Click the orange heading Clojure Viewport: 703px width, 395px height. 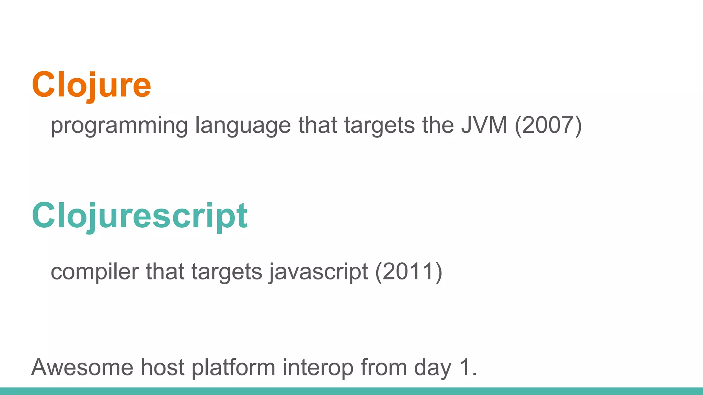(x=91, y=85)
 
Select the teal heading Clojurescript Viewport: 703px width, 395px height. (x=139, y=216)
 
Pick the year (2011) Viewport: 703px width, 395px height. (x=408, y=272)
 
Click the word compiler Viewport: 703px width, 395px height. (x=95, y=272)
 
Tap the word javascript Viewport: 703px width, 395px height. (x=318, y=272)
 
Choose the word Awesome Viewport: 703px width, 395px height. (x=82, y=367)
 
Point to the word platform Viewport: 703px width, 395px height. (x=233, y=367)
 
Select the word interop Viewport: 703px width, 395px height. (x=318, y=367)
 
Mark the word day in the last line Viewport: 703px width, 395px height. (x=433, y=367)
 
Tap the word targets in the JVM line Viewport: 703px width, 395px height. (x=380, y=125)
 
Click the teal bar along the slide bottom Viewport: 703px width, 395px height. (x=351, y=391)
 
